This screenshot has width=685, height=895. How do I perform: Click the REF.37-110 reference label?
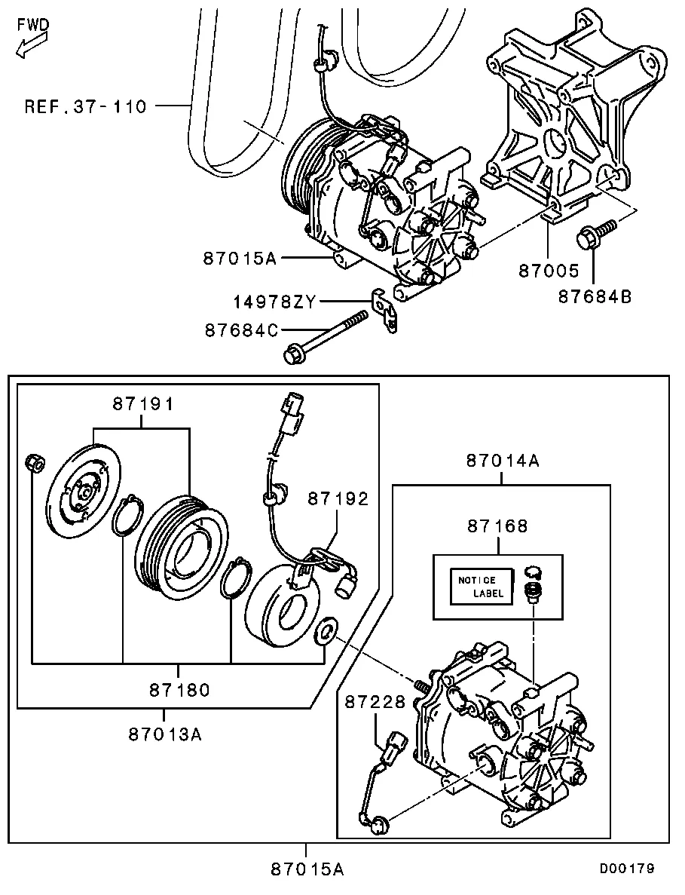tap(86, 107)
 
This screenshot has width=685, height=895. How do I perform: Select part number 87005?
tap(548, 271)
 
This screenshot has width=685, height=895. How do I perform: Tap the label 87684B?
tap(595, 297)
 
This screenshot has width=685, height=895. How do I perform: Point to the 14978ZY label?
tap(274, 302)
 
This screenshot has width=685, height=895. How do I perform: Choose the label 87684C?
tap(243, 330)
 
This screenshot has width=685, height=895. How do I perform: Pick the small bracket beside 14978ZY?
tap(384, 310)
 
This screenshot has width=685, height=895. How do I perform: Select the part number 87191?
tap(142, 404)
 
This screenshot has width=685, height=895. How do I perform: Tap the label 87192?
tap(338, 499)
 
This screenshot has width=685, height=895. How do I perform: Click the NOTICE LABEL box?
tap(479, 587)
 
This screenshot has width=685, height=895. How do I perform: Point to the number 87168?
tap(497, 526)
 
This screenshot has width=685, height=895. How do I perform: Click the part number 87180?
tap(179, 690)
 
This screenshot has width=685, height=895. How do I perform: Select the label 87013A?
tap(165, 734)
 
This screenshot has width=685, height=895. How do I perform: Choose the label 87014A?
tap(503, 461)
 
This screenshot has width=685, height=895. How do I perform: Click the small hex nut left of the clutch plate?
tap(34, 463)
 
